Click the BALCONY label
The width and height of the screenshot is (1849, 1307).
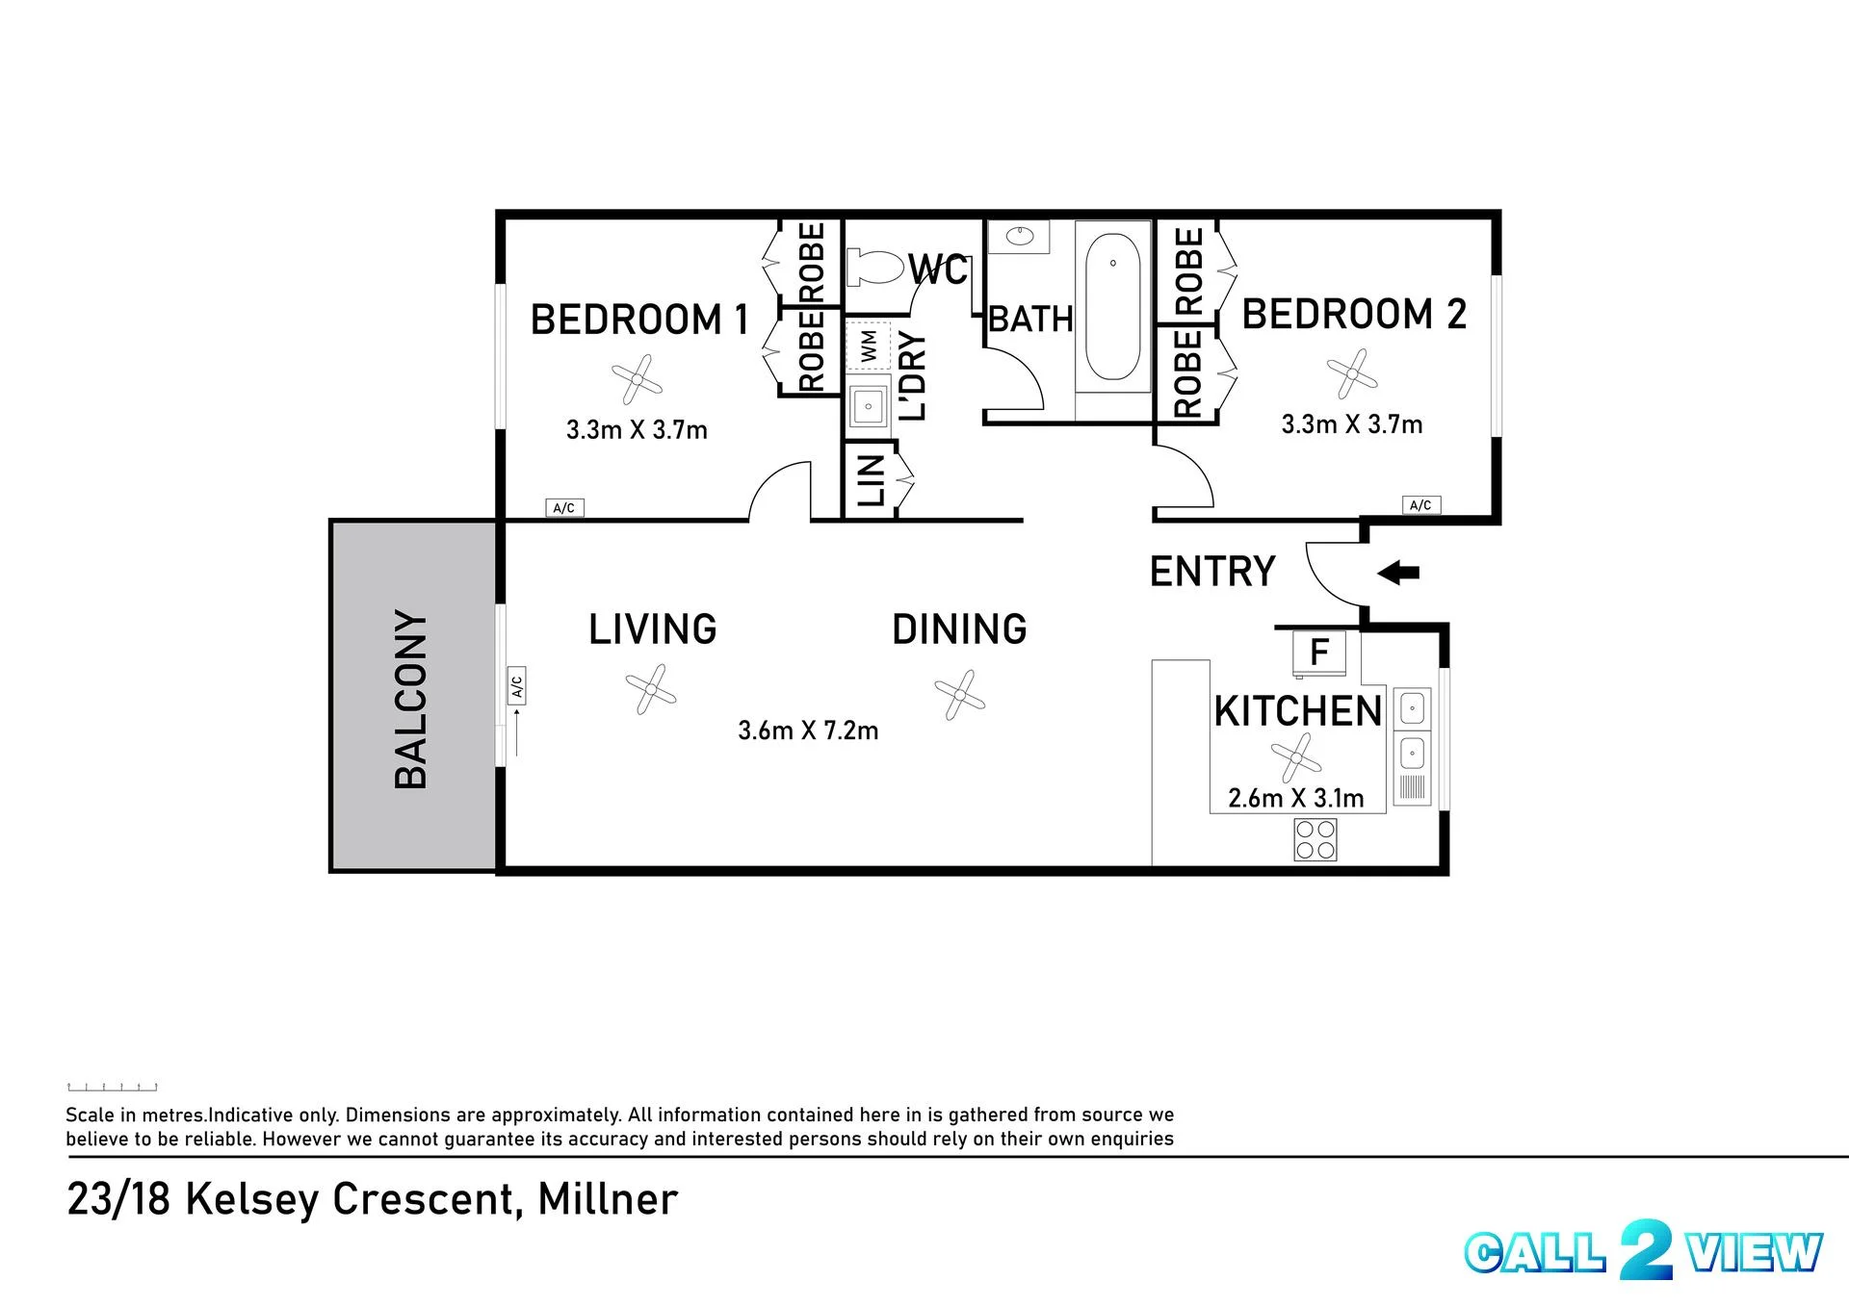point(411,699)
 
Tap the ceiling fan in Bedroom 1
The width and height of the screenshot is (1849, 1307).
point(637,380)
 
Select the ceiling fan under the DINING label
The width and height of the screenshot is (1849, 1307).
point(959,694)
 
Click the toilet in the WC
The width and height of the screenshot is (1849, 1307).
point(876,267)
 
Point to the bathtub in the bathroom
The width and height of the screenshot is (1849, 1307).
point(1113,306)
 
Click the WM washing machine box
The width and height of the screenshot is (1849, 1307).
point(869,346)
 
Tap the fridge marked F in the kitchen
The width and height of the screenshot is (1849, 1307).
point(1319,652)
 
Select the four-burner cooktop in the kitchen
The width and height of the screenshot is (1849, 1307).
point(1315,838)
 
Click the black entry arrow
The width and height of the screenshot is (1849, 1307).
point(1398,574)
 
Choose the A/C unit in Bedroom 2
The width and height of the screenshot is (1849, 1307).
point(1420,505)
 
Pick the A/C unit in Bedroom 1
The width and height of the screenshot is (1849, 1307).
point(564,508)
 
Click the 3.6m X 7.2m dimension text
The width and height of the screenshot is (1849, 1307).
point(808,730)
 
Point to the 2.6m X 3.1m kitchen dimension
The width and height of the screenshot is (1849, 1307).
point(1296,798)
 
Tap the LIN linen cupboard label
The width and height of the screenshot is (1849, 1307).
point(871,480)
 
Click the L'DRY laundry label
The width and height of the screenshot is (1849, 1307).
point(911,376)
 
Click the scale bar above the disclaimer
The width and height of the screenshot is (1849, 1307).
point(112,1087)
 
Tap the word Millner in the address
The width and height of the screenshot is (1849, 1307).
point(608,1199)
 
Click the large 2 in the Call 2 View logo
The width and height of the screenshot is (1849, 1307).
point(1645,1249)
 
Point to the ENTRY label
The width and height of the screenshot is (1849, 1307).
point(1212,572)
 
